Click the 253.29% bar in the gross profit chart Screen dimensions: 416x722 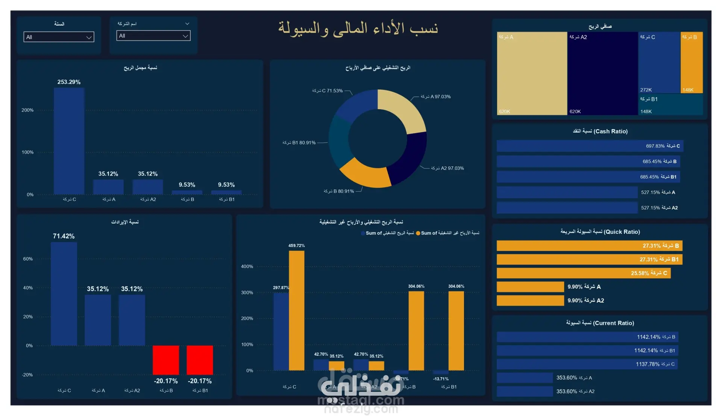(69, 141)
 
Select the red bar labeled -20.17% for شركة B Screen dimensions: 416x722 (166, 360)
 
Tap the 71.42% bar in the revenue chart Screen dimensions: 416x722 (64, 294)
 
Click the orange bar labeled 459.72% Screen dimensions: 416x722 (297, 311)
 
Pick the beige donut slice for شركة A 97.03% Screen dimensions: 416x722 (406, 109)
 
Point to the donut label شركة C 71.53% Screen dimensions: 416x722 (327, 91)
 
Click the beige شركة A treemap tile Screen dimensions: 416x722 (532, 73)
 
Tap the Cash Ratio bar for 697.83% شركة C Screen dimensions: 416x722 (590, 146)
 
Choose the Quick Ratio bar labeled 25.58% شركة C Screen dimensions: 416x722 (583, 273)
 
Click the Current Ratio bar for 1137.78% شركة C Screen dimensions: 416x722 (587, 364)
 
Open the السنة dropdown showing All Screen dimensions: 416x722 (59, 37)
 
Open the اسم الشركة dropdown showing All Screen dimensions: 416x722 (153, 36)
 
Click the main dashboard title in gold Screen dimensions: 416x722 (358, 29)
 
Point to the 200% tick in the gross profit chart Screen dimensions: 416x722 (27, 110)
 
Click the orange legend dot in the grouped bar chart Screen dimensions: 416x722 (418, 233)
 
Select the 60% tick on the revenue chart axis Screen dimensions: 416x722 (28, 259)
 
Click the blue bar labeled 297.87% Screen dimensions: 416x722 (281, 331)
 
